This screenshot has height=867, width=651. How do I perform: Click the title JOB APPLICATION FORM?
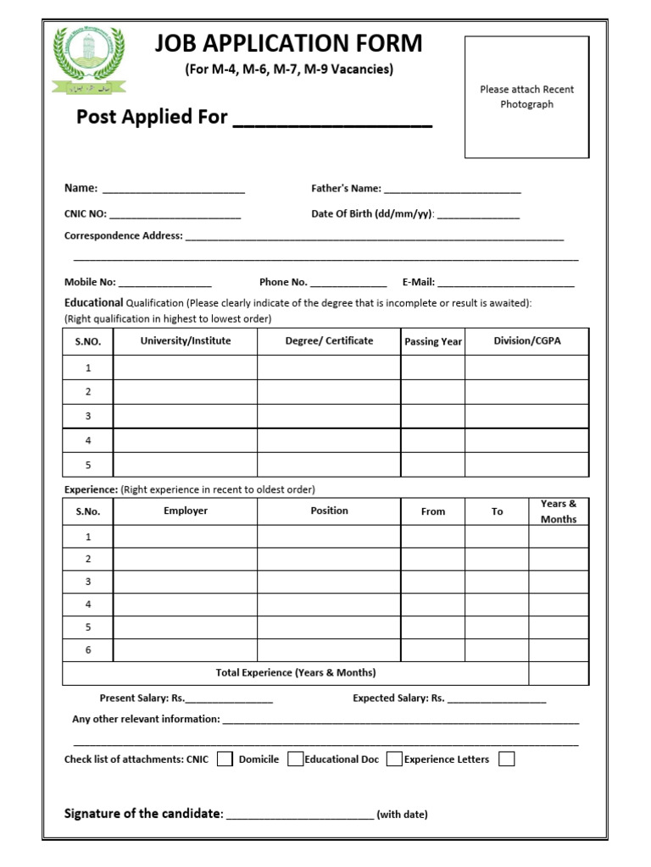(288, 43)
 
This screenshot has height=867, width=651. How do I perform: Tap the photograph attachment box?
(526, 97)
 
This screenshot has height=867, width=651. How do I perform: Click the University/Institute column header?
(186, 341)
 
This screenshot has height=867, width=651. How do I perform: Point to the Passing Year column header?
(433, 342)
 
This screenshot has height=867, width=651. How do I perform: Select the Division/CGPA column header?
(527, 341)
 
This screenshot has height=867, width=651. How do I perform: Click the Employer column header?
(186, 511)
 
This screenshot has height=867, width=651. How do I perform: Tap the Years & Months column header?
(559, 511)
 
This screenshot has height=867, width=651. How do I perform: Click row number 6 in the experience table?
(88, 650)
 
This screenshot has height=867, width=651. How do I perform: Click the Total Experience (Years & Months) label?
(296, 673)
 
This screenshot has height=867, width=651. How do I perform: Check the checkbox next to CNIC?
(225, 759)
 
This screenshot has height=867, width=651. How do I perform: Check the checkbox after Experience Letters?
(506, 759)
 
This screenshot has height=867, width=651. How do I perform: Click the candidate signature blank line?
(300, 817)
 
